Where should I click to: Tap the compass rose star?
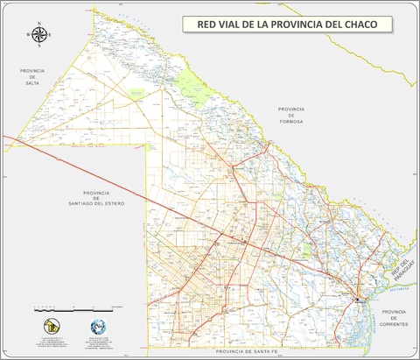click(x=40, y=35)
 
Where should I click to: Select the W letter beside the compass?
click(x=29, y=35)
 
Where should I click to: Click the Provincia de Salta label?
click(x=32, y=75)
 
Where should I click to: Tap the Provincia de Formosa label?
click(x=290, y=116)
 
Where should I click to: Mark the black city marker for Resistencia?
click(x=358, y=300)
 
